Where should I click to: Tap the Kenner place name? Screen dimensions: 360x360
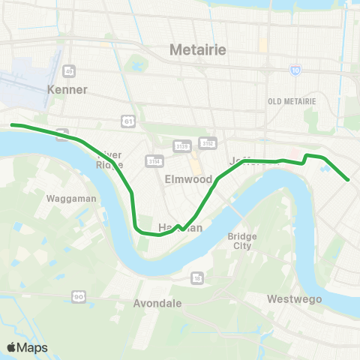click(67, 89)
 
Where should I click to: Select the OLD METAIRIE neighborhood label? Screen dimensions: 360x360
click(292, 101)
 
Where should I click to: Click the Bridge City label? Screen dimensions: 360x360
click(241, 241)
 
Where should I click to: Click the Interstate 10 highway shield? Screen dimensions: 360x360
click(297, 70)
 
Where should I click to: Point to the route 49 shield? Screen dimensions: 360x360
click(68, 70)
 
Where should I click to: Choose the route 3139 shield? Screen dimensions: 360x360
click(182, 145)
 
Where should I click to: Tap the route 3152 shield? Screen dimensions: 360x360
click(208, 142)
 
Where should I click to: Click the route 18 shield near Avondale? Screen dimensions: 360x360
click(197, 277)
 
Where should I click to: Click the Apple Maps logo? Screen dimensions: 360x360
click(27, 347)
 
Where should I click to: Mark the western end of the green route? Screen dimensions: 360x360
click(11, 125)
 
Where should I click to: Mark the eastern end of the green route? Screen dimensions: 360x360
click(349, 180)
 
